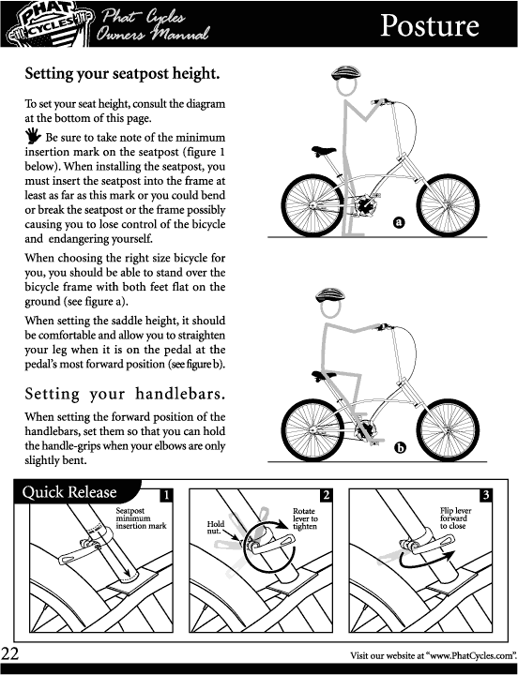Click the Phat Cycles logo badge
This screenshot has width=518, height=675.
tap(50, 24)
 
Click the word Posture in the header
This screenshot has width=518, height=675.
tap(429, 26)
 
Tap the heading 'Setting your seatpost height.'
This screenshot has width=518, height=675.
tap(122, 74)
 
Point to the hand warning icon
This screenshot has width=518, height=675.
tap(33, 135)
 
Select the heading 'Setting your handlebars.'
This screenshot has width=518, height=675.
tap(125, 394)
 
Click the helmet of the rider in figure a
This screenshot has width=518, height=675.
tap(345, 73)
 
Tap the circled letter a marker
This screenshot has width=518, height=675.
tap(400, 222)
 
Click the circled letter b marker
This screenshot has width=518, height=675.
tap(400, 448)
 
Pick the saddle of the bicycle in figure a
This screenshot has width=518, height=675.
tap(324, 151)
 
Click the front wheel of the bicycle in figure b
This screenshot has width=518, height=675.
tap(448, 430)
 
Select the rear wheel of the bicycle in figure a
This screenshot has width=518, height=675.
tap(312, 205)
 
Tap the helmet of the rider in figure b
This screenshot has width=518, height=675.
tap(330, 295)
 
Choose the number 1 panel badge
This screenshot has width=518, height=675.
tap(166, 495)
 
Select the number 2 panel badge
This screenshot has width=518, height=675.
tap(327, 495)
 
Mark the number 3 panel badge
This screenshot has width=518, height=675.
tap(486, 495)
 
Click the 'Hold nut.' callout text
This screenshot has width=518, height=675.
tap(216, 527)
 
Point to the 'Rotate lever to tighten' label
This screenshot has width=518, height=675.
tap(305, 518)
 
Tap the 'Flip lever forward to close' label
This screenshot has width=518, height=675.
tap(455, 518)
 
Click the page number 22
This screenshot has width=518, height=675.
tap(10, 654)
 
